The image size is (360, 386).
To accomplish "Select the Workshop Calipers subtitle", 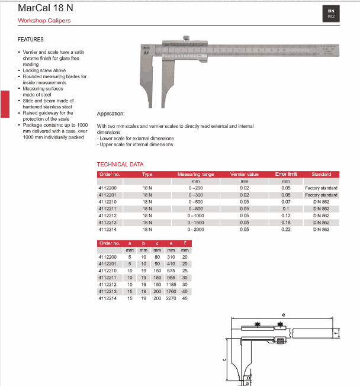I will [44, 21].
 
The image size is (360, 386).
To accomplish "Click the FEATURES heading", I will [31, 40].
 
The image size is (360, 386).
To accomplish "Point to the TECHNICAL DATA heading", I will [120, 164].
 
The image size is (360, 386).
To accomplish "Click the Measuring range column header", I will [195, 175].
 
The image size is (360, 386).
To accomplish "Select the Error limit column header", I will [286, 175].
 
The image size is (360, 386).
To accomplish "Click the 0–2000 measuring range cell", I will [195, 229].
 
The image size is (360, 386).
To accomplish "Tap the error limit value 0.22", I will [286, 229].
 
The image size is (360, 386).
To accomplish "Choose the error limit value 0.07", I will [286, 202].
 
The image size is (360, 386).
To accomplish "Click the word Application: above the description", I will [111, 113].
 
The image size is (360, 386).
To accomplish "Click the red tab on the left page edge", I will [4, 102].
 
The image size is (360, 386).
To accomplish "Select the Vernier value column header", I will [245, 175].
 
